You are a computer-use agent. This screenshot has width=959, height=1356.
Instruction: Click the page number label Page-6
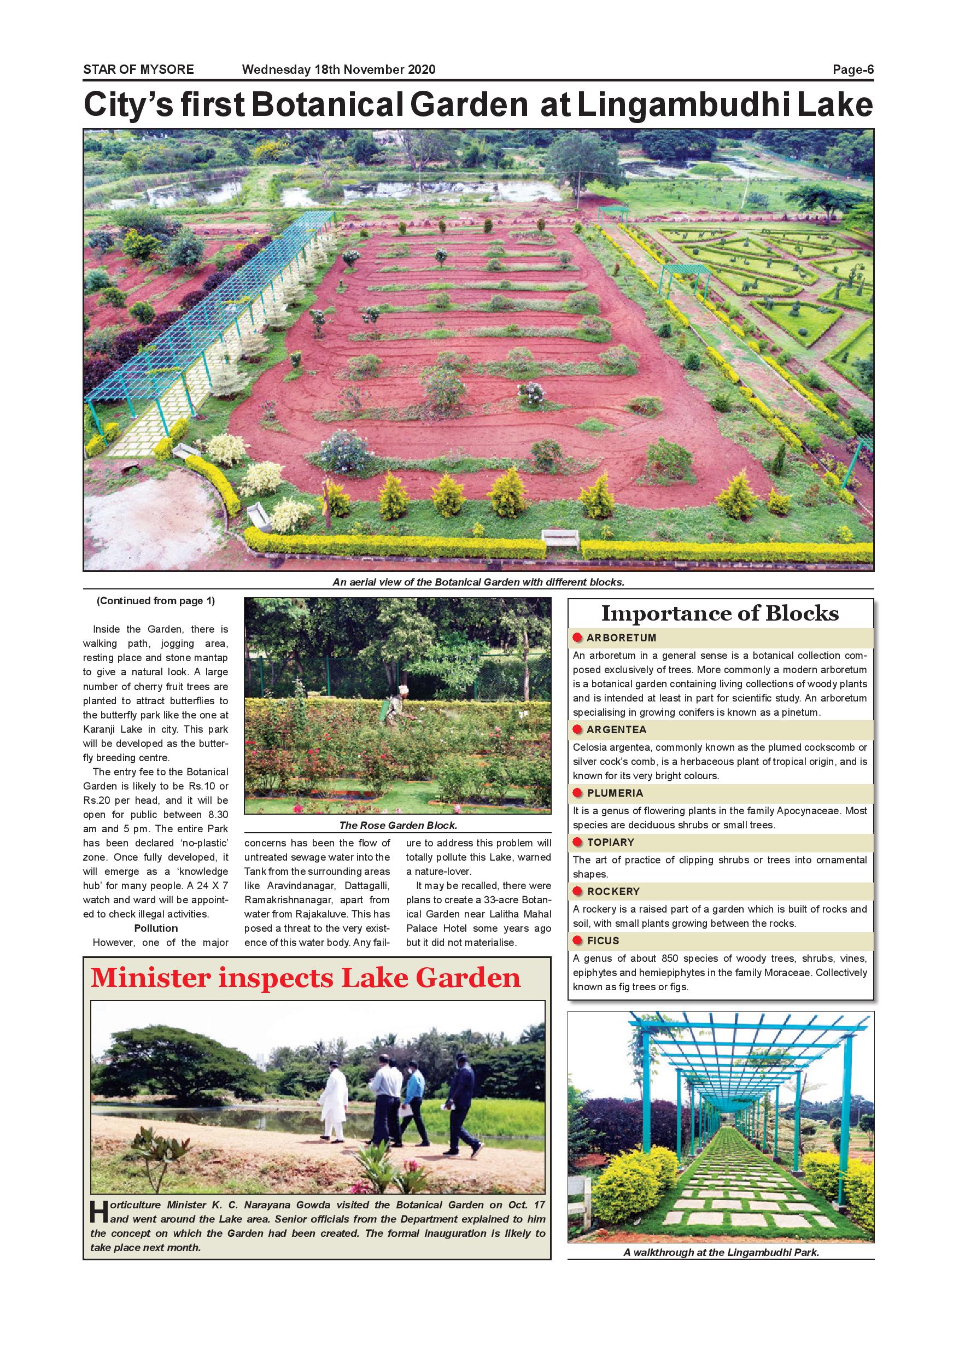(853, 69)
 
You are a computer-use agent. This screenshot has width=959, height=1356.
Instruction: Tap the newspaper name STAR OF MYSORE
(138, 69)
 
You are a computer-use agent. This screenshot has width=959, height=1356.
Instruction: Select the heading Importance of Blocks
(720, 613)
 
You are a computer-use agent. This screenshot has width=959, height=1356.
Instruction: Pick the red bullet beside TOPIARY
(578, 842)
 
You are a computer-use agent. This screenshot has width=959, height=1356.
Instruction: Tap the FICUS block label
(603, 941)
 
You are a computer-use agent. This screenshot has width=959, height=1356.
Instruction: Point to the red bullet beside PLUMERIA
(578, 793)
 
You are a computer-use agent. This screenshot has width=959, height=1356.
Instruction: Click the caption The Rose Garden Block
(398, 825)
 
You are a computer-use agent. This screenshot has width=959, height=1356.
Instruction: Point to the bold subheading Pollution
(156, 928)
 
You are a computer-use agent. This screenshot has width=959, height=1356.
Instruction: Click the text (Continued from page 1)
(156, 601)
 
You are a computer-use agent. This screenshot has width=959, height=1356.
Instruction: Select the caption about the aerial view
(478, 582)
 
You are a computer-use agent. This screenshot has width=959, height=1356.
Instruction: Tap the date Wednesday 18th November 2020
(338, 69)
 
